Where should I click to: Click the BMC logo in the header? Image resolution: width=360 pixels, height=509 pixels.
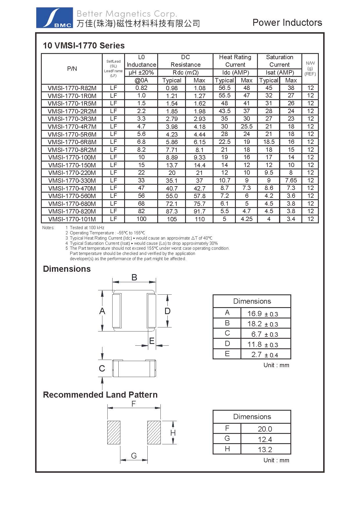click(55, 18)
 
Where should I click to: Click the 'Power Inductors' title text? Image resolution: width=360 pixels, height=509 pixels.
click(287, 23)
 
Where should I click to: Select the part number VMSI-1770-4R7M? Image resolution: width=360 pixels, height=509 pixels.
click(72, 126)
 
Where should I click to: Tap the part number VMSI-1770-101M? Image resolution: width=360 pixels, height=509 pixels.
click(72, 219)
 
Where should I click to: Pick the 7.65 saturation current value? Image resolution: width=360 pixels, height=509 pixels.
click(291, 180)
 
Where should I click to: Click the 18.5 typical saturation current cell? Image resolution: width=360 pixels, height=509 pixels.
click(269, 142)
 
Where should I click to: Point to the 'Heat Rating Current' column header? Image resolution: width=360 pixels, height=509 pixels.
click(235, 61)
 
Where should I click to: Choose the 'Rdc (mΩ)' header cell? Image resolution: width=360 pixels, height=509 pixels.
click(185, 73)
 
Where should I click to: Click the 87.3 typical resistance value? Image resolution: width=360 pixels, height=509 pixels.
click(172, 211)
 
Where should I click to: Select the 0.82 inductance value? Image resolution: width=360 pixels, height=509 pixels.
click(141, 88)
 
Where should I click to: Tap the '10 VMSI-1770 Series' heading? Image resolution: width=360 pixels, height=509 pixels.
click(84, 46)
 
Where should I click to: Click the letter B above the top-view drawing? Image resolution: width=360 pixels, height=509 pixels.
click(134, 277)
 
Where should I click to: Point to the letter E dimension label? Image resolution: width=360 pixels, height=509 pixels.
click(151, 341)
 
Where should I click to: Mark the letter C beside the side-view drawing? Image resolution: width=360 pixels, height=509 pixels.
click(102, 368)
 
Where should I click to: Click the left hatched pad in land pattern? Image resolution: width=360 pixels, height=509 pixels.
click(114, 432)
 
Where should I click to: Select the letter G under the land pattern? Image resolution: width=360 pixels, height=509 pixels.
click(134, 456)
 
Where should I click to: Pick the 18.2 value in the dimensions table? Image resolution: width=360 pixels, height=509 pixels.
click(255, 324)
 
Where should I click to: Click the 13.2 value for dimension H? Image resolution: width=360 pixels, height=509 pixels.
click(265, 450)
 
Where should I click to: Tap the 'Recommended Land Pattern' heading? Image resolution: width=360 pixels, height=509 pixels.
click(100, 395)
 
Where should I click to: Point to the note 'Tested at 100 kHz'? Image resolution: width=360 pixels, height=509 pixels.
click(87, 228)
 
